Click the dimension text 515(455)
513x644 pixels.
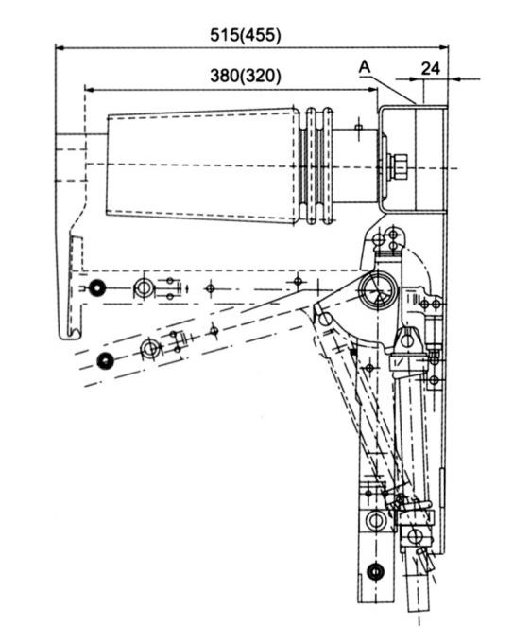tap(246, 35)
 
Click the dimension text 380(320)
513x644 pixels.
tap(246, 76)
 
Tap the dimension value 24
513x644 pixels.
tap(431, 69)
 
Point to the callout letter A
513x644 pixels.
tap(365, 67)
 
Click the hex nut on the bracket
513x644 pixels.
tap(398, 166)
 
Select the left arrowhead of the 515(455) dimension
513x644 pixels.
tap(60, 48)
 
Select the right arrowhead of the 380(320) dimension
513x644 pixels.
tap(372, 89)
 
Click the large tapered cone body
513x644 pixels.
tap(202, 165)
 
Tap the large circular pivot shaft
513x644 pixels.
tap(377, 290)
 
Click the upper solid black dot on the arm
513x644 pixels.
tap(97, 288)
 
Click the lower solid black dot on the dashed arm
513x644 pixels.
tap(105, 360)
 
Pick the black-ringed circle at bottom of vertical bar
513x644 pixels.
tap(375, 571)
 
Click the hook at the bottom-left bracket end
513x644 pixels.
tap(71, 334)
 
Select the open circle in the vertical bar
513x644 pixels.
tap(375, 521)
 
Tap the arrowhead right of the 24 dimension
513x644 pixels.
tap(453, 78)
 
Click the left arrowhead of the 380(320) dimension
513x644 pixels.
tap(90, 89)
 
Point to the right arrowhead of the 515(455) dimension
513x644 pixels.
tap(443, 48)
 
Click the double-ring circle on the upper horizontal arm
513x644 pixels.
tap(144, 288)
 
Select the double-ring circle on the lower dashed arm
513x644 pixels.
tap(150, 349)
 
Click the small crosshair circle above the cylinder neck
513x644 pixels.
tap(359, 127)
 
